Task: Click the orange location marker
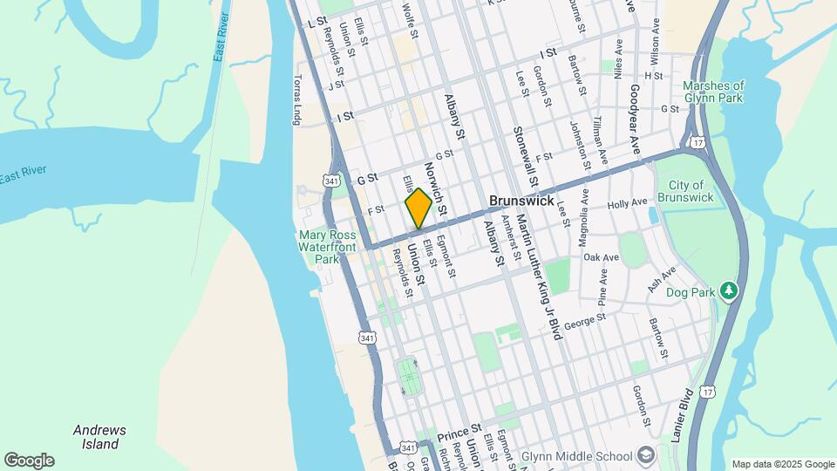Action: (x=418, y=208)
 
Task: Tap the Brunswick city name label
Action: (x=521, y=201)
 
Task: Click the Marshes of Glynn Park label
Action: (x=713, y=92)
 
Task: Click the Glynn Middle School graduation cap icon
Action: (x=645, y=454)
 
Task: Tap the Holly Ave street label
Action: (x=628, y=203)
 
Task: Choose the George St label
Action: (x=584, y=321)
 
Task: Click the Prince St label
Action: (x=459, y=433)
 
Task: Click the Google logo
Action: (x=29, y=461)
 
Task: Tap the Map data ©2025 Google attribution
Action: (x=783, y=464)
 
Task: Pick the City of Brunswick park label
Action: (x=691, y=191)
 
